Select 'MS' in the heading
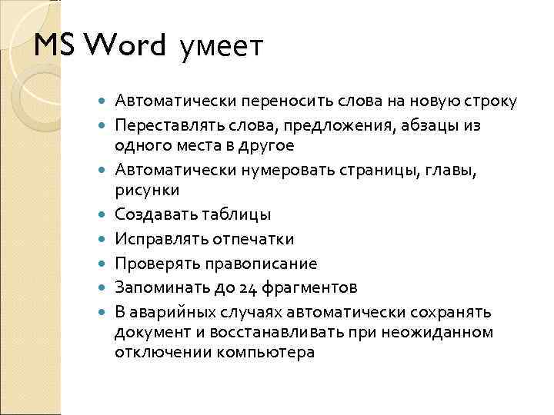[55, 45]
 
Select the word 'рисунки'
[147, 189]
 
